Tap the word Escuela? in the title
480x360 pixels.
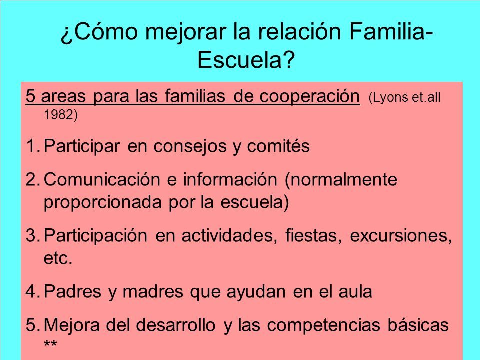tap(246, 60)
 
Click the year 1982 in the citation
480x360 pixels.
tap(61, 115)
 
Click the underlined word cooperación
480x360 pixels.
tap(310, 96)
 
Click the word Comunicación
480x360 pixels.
tap(102, 179)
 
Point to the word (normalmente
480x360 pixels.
tap(341, 180)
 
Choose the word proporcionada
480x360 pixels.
tap(103, 202)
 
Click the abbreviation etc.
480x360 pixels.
tap(58, 258)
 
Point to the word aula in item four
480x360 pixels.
tap(355, 291)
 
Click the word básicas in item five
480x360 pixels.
tap(418, 324)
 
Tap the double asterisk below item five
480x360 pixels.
tap(50, 344)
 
